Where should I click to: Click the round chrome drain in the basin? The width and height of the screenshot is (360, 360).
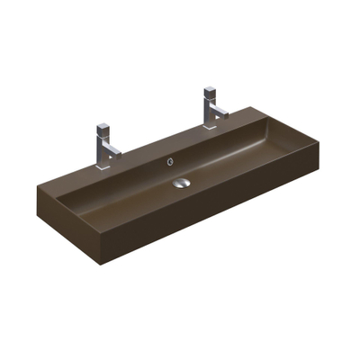click(183, 182)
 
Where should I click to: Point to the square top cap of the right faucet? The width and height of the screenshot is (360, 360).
click(210, 91)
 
